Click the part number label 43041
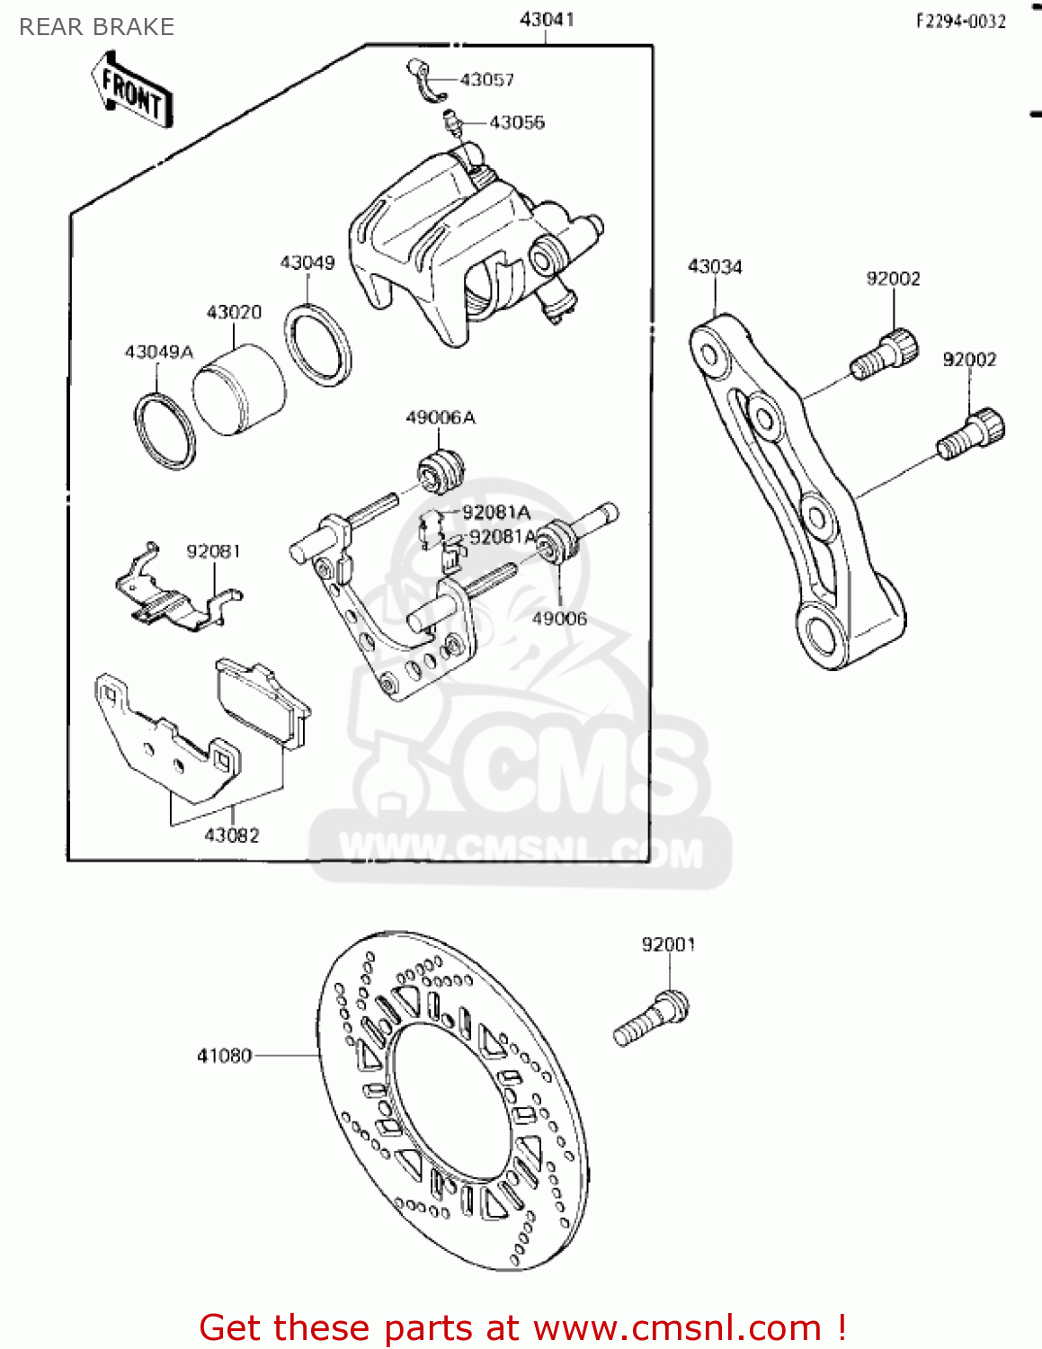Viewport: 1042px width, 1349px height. coord(547,19)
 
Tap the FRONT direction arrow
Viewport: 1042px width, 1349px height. coord(131,91)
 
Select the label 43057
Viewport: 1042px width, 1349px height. coord(487,80)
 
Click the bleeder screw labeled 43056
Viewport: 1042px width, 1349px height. coord(452,122)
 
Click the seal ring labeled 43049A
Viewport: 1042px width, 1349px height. coord(165,431)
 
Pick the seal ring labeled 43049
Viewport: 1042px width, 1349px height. coord(318,345)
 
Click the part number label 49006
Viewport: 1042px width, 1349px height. coord(559,619)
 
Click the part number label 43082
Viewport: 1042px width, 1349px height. coord(232,835)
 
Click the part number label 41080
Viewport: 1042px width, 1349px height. coord(224,1056)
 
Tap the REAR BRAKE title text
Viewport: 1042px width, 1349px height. coord(97,27)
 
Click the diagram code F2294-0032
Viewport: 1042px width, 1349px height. coord(960,22)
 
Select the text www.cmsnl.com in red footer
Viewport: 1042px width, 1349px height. coord(677,1327)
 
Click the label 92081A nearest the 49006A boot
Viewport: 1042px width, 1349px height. coord(496,513)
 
